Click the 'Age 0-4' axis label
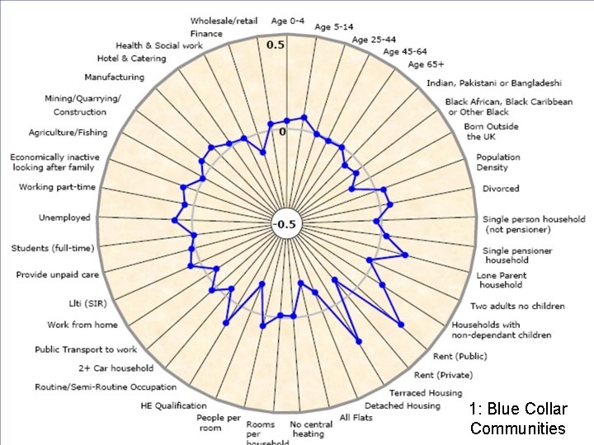coord(289,21)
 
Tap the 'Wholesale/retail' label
coord(223,20)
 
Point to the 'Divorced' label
coord(501,189)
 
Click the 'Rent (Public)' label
coord(460,356)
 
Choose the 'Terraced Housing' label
coord(426,393)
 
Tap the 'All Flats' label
coord(356,417)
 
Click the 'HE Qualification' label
coord(174,405)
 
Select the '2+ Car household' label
coord(116,368)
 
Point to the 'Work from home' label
coord(82,325)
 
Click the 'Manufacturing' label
coord(114,77)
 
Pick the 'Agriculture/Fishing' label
coord(68,133)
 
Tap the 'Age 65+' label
coord(426,64)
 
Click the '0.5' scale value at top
coord(276,44)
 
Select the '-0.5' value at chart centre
coord(285,225)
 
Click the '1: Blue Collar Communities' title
coord(518,418)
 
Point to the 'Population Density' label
coord(498,162)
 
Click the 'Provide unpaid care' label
coord(58,274)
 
